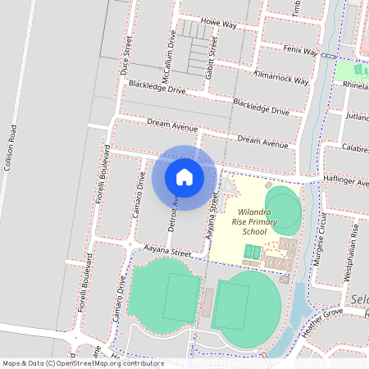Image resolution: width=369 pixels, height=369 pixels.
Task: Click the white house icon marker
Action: (x=184, y=177)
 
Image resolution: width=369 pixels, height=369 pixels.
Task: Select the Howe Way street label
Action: (x=219, y=24)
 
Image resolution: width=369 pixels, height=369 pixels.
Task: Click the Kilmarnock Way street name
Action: (x=281, y=80)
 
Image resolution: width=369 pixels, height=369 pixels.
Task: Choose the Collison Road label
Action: (x=11, y=148)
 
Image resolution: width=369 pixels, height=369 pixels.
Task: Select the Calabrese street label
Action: (x=357, y=148)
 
